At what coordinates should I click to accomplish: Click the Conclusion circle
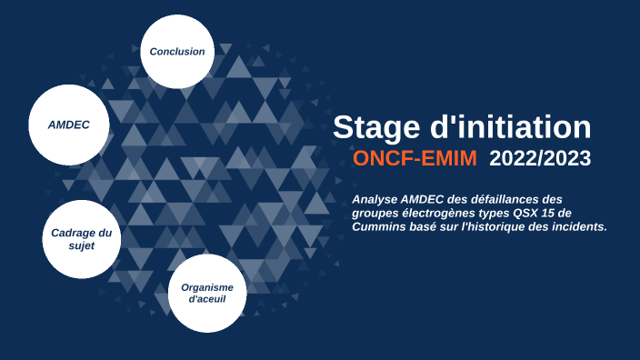click(x=177, y=51)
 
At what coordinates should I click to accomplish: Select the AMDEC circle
click(x=69, y=125)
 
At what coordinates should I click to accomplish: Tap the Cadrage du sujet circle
click(x=82, y=238)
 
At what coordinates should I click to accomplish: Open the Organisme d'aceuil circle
click(x=207, y=293)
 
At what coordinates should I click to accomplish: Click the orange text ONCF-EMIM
click(x=415, y=159)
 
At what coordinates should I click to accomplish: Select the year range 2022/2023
click(x=540, y=159)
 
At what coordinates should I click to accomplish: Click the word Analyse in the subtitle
click(x=376, y=199)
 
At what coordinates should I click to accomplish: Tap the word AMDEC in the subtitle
click(x=427, y=199)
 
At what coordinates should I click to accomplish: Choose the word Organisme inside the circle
click(x=207, y=286)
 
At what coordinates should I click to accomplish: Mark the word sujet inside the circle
click(x=82, y=245)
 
